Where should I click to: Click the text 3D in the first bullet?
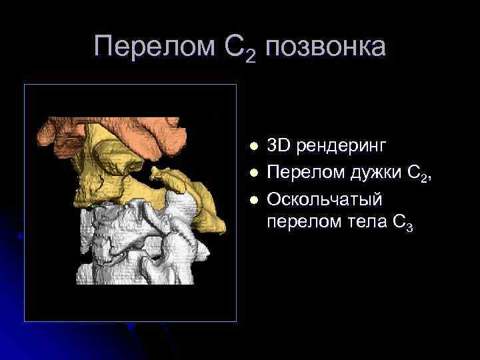279,145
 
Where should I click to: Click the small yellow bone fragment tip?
155,175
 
